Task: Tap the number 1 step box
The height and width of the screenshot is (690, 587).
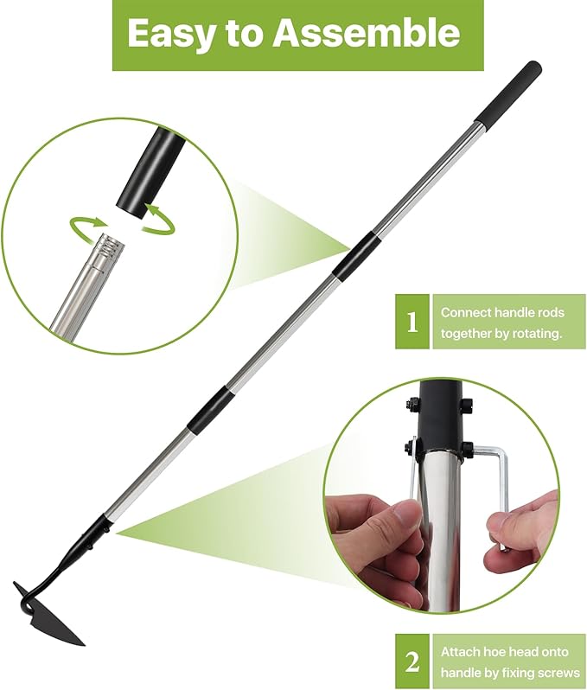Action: coord(412,323)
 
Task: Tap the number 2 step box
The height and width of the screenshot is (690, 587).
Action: coord(412,661)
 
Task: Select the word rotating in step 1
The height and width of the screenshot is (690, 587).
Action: coord(547,333)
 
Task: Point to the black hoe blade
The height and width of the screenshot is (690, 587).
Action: coord(50,618)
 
